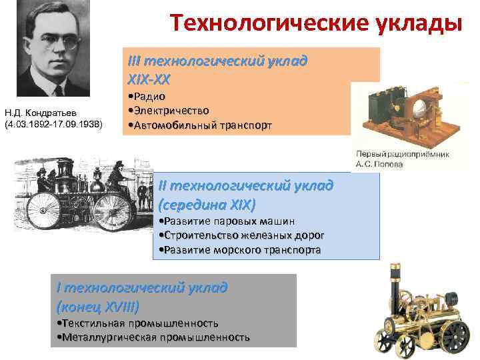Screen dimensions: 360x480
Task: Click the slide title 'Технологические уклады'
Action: pos(315,22)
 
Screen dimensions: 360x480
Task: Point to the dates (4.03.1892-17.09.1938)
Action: pos(53,124)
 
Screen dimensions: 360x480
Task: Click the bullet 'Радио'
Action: pos(151,96)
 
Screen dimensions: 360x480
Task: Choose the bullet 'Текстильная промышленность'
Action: pos(139,324)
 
